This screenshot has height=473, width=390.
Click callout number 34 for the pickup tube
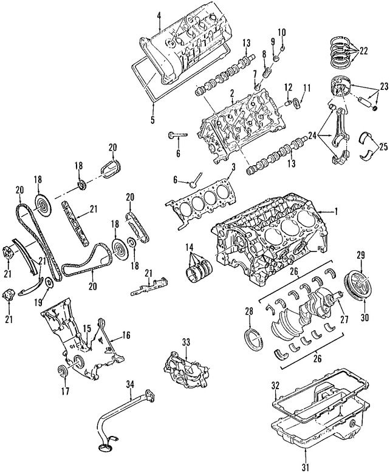coord(129,383)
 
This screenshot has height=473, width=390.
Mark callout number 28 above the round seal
coord(248,312)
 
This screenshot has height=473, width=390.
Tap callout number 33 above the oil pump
coord(185,341)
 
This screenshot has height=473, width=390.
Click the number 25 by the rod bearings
coord(383,146)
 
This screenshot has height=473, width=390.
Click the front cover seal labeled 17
coord(63,371)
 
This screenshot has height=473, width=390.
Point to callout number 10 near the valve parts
coord(281,32)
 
